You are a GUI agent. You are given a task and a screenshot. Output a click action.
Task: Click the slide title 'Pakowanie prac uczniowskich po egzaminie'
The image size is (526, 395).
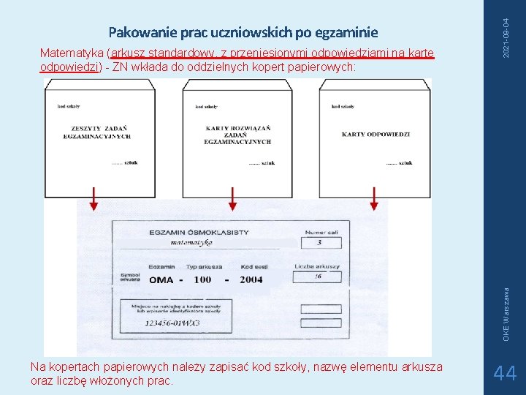tap(243, 32)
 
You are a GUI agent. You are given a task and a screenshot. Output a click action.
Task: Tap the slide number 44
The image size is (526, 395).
tap(505, 374)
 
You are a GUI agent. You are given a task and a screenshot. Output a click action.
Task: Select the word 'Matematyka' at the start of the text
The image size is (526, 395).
tap(72, 53)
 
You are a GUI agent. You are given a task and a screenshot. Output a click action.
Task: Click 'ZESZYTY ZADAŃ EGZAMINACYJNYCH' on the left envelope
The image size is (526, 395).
tap(96, 132)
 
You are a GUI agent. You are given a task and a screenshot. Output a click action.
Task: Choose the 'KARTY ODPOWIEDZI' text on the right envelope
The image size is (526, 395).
tap(376, 135)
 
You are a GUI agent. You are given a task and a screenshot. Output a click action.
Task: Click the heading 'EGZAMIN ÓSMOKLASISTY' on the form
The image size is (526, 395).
tap(199, 233)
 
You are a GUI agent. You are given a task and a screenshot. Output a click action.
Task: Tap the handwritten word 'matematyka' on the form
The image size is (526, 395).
tap(191, 242)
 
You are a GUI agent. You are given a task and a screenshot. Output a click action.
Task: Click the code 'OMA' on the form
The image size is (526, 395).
tap(161, 279)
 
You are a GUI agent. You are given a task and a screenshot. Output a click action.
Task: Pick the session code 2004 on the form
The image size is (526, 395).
tap(251, 279)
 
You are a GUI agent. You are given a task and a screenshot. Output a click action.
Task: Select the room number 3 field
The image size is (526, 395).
tap(319, 242)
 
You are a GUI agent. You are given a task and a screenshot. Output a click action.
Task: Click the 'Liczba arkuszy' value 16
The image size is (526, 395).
tap(318, 277)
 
